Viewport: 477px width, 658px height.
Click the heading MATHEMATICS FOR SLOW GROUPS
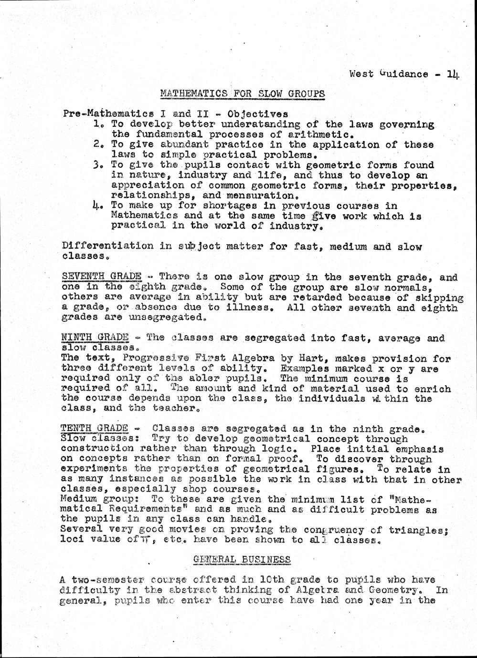tap(243, 93)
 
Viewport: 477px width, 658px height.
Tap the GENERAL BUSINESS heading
tap(242, 559)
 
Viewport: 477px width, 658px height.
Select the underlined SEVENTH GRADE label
tap(102, 277)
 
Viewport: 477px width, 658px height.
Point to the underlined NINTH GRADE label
tap(95, 338)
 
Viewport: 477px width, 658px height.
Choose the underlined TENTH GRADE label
tap(95, 428)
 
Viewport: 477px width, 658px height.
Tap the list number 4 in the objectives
tap(98, 206)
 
